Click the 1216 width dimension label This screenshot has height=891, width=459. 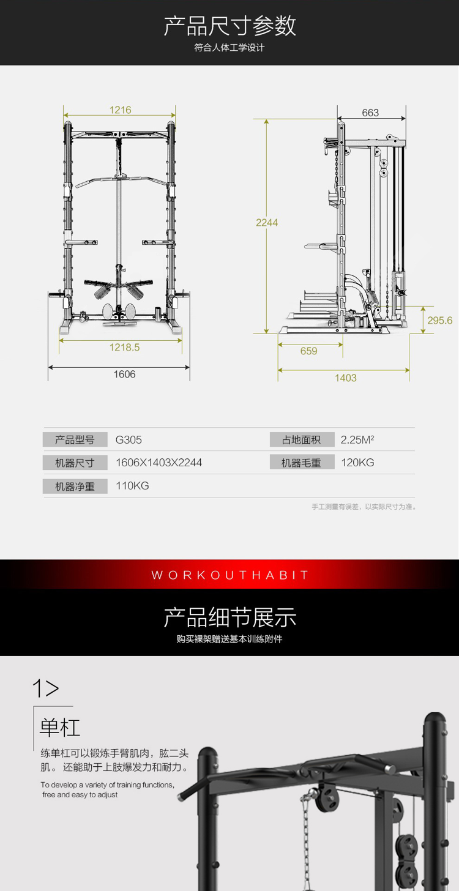click(120, 110)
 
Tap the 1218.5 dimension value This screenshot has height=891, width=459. click(124, 347)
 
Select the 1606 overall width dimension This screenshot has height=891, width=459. click(124, 374)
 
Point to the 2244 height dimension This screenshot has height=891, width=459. click(267, 222)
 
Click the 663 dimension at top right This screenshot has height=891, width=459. click(370, 113)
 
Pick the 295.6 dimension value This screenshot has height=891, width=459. click(440, 320)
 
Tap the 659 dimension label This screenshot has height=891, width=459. click(308, 351)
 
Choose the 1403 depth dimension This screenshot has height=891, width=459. click(346, 378)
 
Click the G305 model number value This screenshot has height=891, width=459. click(129, 439)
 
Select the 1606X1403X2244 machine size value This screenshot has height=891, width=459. click(159, 462)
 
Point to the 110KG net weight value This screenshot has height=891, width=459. click(132, 486)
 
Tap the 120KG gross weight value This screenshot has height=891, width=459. click(357, 462)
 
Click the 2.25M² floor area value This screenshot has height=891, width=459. click(357, 439)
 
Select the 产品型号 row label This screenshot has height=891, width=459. click(75, 439)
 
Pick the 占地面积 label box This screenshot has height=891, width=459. click(302, 439)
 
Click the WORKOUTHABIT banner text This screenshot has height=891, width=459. click(229, 575)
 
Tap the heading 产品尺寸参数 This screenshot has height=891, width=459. click(229, 26)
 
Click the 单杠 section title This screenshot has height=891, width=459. click(59, 728)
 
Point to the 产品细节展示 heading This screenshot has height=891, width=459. click(229, 617)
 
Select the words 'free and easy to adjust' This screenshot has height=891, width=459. click(80, 794)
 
